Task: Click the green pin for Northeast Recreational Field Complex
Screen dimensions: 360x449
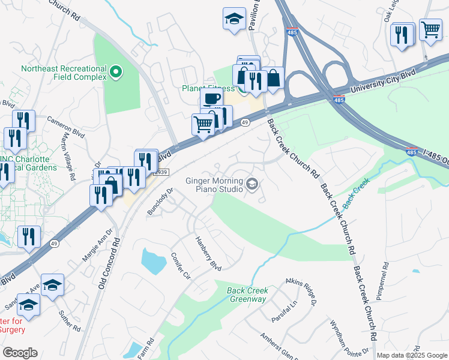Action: coord(116,73)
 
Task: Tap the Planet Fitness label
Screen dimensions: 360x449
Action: coord(208,88)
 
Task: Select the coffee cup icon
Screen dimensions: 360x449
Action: coord(211,100)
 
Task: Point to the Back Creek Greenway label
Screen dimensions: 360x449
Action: coord(247,295)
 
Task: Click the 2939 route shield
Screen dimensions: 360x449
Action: coord(162,172)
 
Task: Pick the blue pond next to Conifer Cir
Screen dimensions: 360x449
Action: coord(153,261)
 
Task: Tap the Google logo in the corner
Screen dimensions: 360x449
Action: coord(20,353)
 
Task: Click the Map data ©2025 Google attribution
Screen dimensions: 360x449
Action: coord(411,355)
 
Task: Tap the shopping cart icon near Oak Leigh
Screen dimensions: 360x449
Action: coord(430,29)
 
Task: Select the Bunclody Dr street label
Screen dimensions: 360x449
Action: coord(160,202)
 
